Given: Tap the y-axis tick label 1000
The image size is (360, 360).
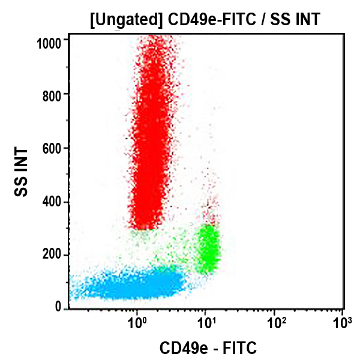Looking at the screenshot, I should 51,41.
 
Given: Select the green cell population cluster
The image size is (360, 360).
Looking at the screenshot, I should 208,247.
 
